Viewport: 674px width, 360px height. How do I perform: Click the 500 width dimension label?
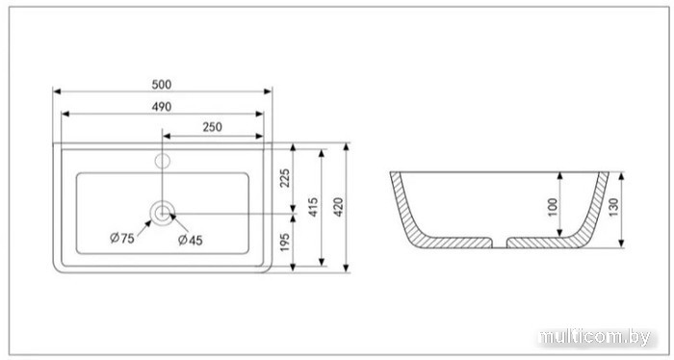point(162,85)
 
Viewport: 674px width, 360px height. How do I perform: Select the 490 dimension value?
point(162,107)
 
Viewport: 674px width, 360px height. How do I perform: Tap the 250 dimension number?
point(213,127)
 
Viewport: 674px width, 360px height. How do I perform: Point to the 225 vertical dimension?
point(285,178)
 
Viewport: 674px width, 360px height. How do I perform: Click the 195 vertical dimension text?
point(285,243)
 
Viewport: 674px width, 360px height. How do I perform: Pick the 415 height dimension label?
point(313,207)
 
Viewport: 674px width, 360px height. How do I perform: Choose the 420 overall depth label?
point(339,207)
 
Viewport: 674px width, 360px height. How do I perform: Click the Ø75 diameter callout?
point(122,238)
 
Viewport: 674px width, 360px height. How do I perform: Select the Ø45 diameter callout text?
point(191,240)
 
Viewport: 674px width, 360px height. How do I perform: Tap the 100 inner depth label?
point(554,207)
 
